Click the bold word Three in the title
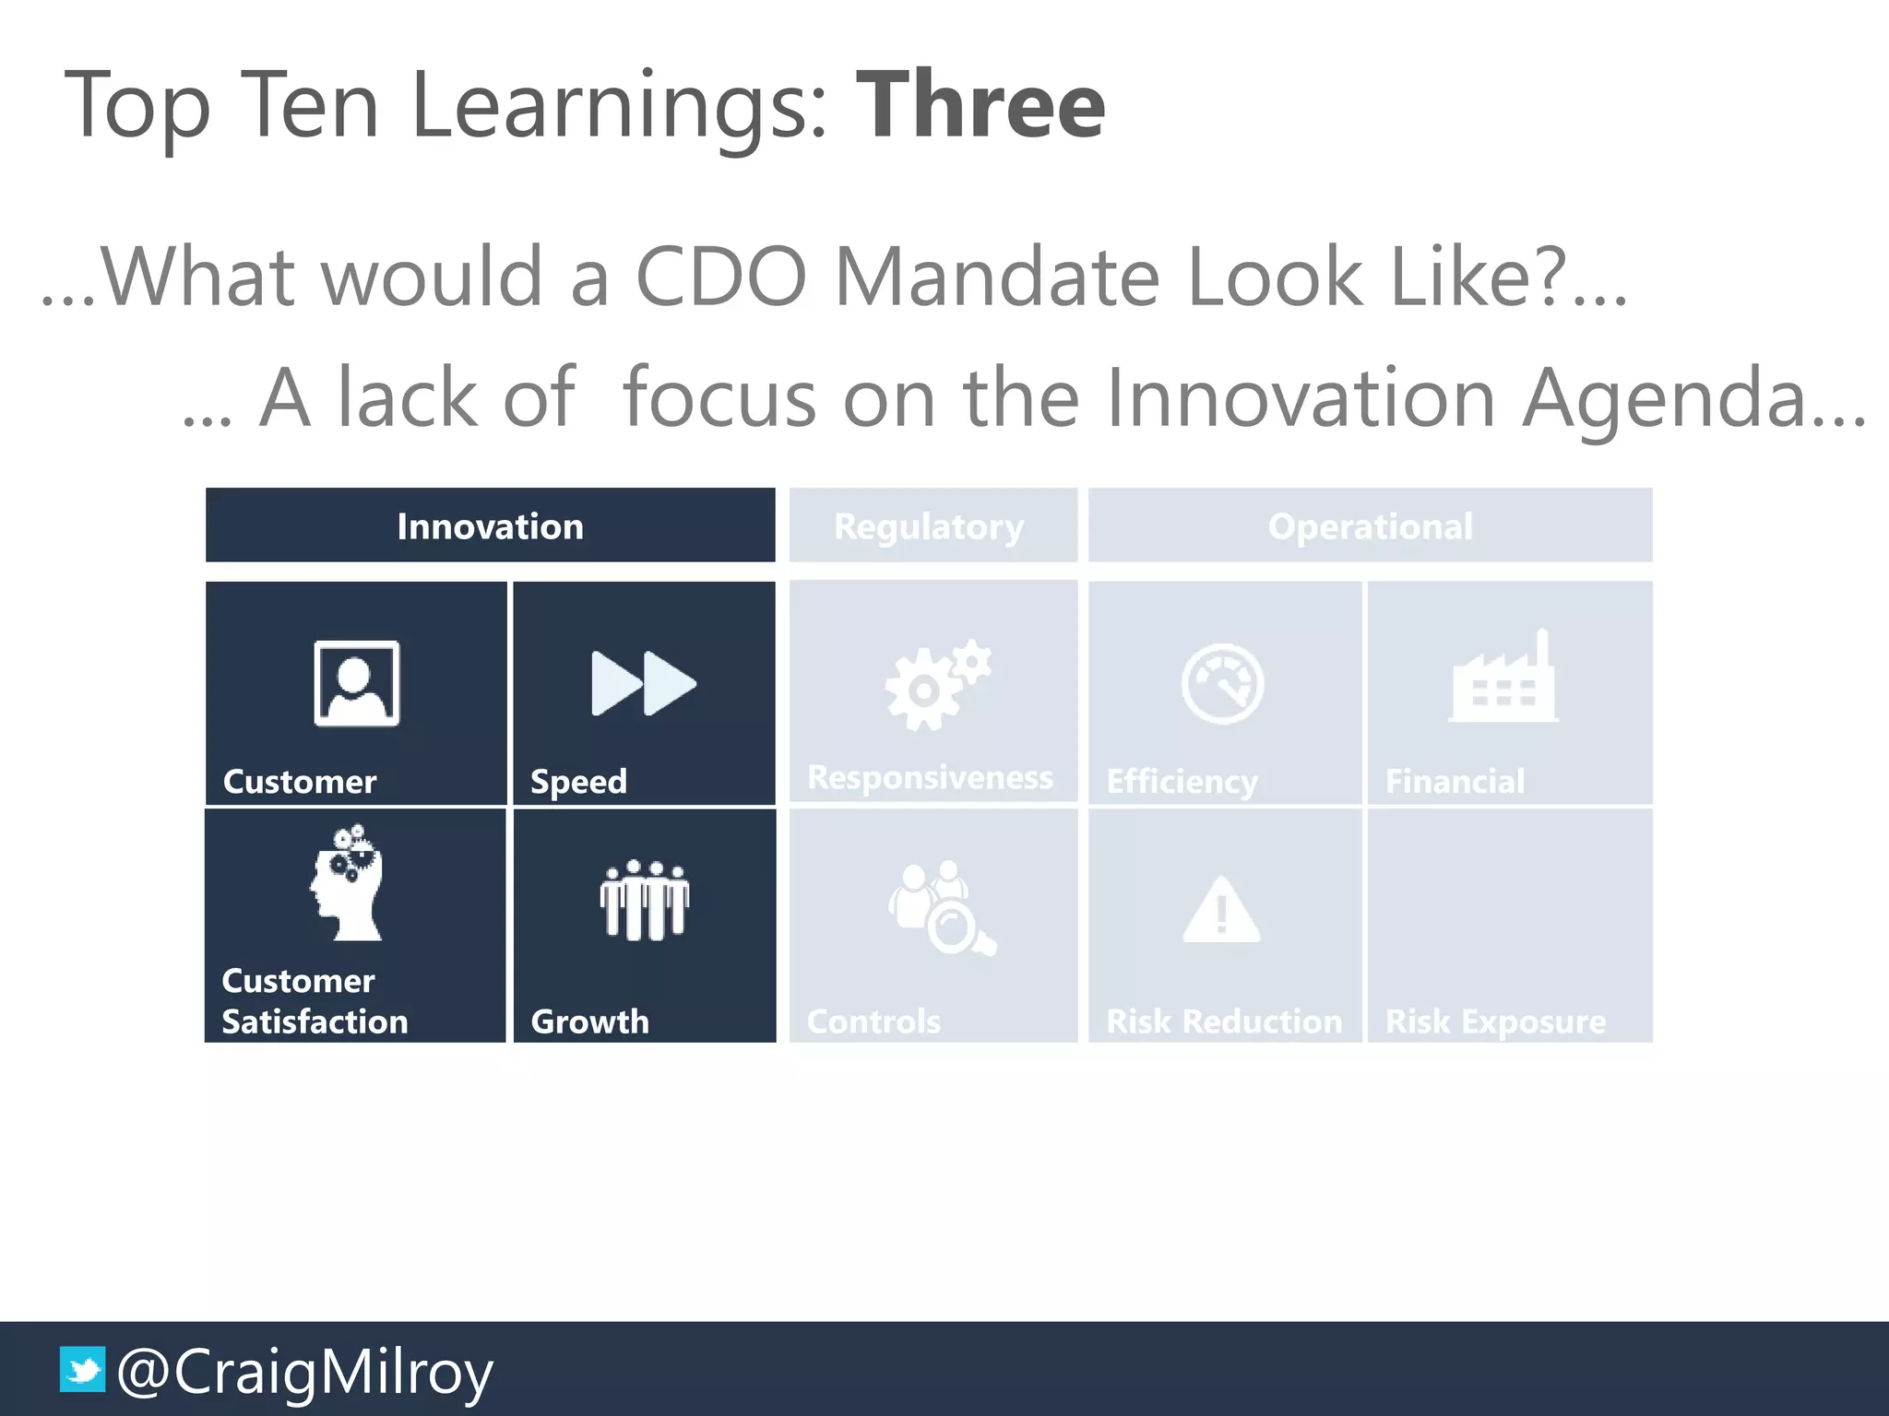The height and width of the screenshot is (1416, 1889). coord(980,106)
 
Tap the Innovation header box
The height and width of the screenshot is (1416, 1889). coord(490,525)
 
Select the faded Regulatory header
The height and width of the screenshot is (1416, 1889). coord(929,526)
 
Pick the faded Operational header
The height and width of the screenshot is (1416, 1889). coord(1370,526)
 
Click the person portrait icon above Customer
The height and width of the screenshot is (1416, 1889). coord(357,683)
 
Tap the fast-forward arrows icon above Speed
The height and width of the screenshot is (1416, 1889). coord(644,683)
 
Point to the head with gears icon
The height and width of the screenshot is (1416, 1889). coord(348,883)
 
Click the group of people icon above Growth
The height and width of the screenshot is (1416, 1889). coord(644,901)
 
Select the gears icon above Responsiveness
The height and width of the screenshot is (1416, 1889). coord(936,684)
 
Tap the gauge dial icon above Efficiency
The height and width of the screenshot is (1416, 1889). coord(1222,684)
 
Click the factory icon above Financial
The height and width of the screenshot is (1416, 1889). coord(1503,679)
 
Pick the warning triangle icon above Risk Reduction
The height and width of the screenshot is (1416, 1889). coord(1221,910)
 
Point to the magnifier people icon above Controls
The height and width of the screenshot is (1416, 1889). coord(941,908)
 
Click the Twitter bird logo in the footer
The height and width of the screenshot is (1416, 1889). coord(82,1369)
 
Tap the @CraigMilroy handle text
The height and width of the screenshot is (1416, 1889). coord(305,1372)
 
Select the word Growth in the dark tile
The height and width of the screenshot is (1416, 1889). coord(590,1021)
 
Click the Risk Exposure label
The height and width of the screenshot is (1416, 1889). coord(1495,1021)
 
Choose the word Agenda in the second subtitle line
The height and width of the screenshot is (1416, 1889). coord(1676,398)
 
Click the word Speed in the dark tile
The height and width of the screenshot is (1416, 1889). coord(578,782)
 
